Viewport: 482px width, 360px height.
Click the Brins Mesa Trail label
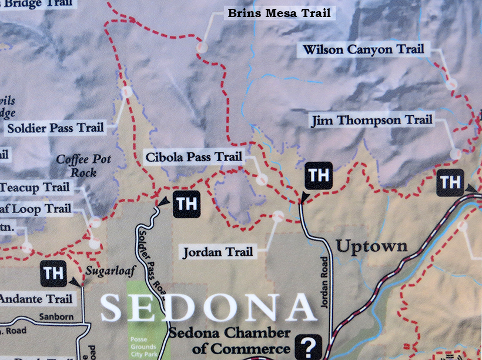[279, 13]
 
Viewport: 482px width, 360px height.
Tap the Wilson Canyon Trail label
[363, 49]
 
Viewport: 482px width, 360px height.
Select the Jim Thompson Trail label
[371, 121]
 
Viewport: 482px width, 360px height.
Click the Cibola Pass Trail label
[193, 157]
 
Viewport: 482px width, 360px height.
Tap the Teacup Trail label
[35, 188]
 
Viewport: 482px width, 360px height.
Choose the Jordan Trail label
[217, 252]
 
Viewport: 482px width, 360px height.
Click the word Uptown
[371, 246]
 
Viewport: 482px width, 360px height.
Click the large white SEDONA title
[209, 308]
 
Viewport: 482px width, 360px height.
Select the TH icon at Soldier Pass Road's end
[186, 204]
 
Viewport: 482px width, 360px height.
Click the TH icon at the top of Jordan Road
[319, 175]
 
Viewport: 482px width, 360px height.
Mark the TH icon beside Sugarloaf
[53, 273]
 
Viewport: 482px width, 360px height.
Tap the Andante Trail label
[36, 299]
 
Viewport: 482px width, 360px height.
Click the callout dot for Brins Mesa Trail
[202, 46]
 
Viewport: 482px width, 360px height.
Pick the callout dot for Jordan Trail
[278, 216]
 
